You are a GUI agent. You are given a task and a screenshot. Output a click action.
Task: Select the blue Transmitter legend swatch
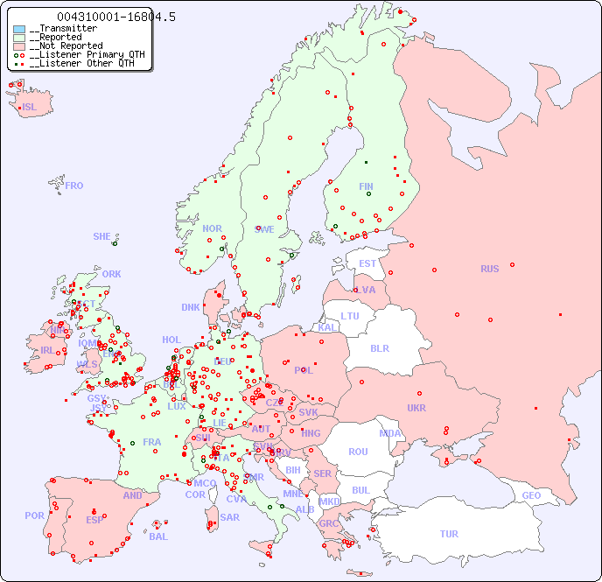(19, 29)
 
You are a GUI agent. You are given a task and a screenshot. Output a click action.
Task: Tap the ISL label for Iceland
(29, 108)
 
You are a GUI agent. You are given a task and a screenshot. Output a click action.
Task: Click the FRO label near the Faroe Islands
(74, 186)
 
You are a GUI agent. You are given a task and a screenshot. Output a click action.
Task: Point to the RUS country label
(489, 269)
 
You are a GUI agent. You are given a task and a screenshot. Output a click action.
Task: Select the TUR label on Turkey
(449, 534)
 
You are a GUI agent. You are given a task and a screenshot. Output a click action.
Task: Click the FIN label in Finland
(366, 186)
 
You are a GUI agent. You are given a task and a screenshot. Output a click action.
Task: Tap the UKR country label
(416, 408)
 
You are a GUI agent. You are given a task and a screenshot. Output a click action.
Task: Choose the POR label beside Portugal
(34, 515)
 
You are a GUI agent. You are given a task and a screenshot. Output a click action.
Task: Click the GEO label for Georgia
(531, 495)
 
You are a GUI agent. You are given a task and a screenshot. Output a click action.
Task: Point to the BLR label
(379, 347)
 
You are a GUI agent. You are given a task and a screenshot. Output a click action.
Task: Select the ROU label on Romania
(358, 452)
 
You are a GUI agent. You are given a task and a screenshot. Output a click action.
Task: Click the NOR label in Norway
(212, 228)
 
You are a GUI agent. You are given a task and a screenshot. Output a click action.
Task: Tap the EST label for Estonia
(367, 263)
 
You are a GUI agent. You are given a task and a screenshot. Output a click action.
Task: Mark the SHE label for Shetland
(102, 236)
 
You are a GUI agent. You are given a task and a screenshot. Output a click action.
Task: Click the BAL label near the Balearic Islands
(157, 536)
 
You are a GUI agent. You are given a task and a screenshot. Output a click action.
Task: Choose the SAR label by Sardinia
(229, 517)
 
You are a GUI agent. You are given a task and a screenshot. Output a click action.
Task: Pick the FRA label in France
(152, 442)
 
